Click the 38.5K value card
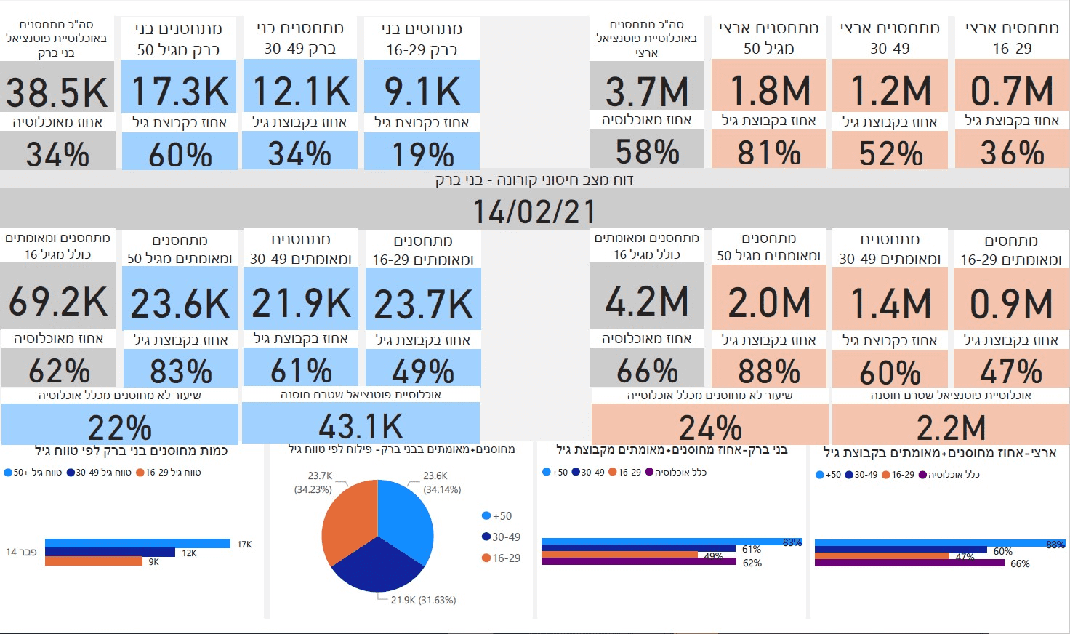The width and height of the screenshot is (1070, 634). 57,93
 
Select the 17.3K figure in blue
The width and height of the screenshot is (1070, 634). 180,92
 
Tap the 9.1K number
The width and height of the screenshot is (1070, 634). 422,92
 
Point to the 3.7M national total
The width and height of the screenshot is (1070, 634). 647,92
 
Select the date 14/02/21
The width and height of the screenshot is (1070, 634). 534,212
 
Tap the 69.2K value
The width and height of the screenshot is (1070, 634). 58,302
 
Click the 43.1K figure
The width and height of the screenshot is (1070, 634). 361,427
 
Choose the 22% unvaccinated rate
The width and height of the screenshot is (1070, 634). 120,428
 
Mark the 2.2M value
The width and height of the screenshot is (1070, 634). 951,428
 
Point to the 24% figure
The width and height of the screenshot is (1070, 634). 710,428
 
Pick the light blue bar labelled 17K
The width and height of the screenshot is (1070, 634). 137,543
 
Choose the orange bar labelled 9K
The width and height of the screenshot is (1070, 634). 94,561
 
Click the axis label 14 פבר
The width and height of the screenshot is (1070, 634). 21,553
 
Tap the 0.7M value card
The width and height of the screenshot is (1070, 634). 1012,92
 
